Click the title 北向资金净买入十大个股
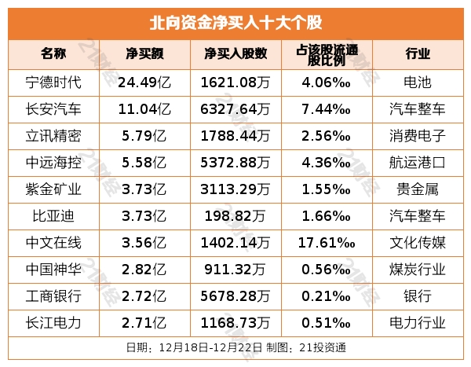tap(235, 21)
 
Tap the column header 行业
tap(418, 53)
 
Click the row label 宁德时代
tap(53, 81)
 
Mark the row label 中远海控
tap(53, 162)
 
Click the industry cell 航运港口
tap(418, 162)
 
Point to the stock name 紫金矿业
tap(53, 189)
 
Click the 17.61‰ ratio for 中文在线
tap(327, 242)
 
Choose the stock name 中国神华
tap(53, 269)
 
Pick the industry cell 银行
tap(418, 295)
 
